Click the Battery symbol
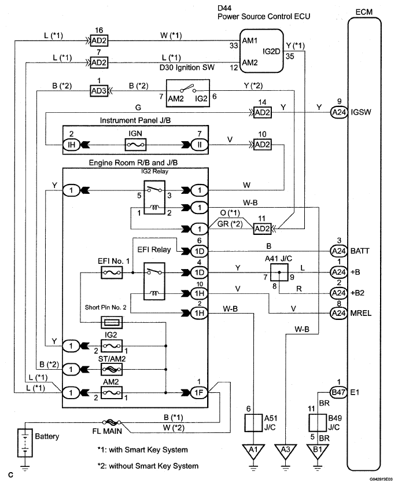[25, 443]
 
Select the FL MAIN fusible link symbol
[111, 422]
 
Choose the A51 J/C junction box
[253, 423]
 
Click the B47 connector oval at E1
[338, 392]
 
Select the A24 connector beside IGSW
[338, 112]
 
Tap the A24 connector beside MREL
[338, 313]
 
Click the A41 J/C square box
[279, 273]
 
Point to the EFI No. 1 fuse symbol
[112, 273]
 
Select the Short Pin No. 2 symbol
[112, 323]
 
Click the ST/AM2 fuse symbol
[112, 369]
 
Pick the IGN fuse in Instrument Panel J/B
[135, 145]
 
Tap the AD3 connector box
[99, 91]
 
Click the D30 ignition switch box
[188, 93]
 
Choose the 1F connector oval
[199, 393]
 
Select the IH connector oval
[71, 145]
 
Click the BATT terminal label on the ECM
[360, 251]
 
